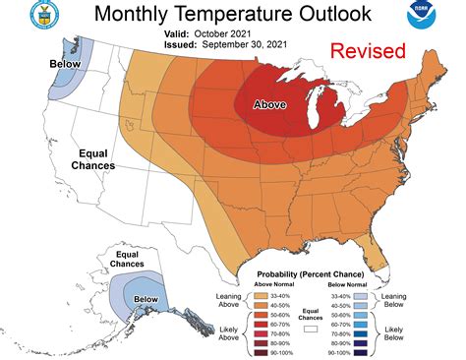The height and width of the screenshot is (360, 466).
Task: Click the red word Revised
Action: [x=368, y=51]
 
